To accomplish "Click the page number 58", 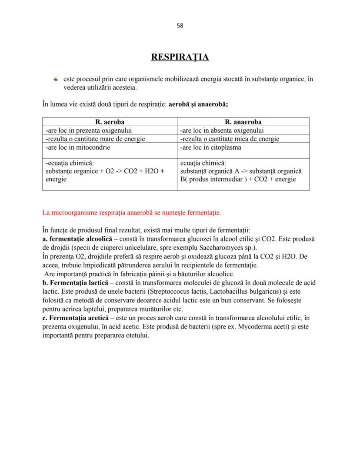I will (180, 25).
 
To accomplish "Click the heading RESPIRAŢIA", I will (180, 57).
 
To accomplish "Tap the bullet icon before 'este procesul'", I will (55, 79).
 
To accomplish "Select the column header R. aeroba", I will (110, 122).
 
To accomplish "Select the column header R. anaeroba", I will (243, 122).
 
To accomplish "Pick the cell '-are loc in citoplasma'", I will (210, 147).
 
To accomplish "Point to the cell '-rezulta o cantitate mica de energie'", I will (229, 139).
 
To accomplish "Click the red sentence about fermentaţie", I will (132, 213).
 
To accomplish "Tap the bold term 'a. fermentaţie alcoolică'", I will (74, 239).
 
